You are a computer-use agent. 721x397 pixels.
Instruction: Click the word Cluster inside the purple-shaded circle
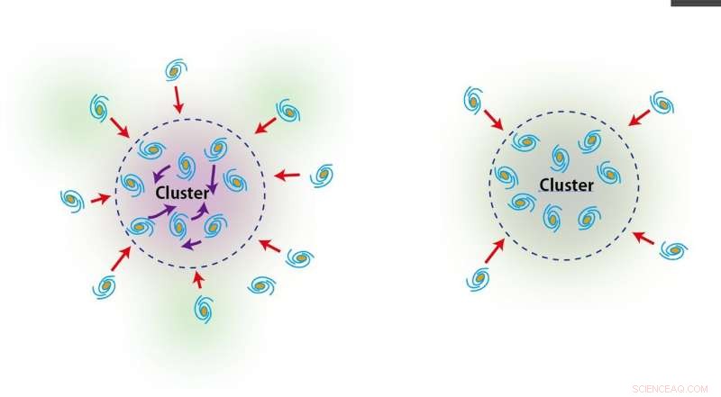pos(183,193)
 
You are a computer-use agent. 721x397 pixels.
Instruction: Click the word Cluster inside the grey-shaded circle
pos(566,185)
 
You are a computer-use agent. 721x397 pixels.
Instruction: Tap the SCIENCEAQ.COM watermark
pos(670,389)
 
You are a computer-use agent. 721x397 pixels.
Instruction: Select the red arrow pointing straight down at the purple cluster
pos(178,100)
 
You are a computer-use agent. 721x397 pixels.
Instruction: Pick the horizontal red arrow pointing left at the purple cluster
pos(287,175)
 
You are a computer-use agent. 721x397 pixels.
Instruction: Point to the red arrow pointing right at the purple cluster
pos(101,199)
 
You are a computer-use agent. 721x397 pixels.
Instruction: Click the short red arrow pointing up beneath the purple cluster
pos(198,279)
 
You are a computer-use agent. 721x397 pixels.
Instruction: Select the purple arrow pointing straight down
pos(213,181)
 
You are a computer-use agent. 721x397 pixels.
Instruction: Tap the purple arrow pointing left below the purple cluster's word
pos(192,245)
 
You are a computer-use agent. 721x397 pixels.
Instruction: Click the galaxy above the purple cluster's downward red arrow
pos(176,70)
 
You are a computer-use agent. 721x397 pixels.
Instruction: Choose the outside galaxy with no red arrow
pos(261,285)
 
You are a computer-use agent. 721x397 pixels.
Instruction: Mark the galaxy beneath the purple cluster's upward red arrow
pos(204,309)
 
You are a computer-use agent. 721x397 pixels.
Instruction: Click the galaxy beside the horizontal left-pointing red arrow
pos(322,175)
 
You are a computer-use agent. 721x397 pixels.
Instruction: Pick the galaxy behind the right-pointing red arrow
pos(72,201)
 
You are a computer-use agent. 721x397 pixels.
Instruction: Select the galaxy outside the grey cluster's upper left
pos(473,100)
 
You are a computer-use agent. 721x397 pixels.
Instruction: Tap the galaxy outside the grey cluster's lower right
pos(673,250)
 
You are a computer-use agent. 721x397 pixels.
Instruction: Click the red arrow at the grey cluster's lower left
pos(495,250)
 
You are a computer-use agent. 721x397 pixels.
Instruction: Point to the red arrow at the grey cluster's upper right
pos(639,118)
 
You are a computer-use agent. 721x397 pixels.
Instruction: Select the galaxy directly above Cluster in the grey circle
pos(560,158)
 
